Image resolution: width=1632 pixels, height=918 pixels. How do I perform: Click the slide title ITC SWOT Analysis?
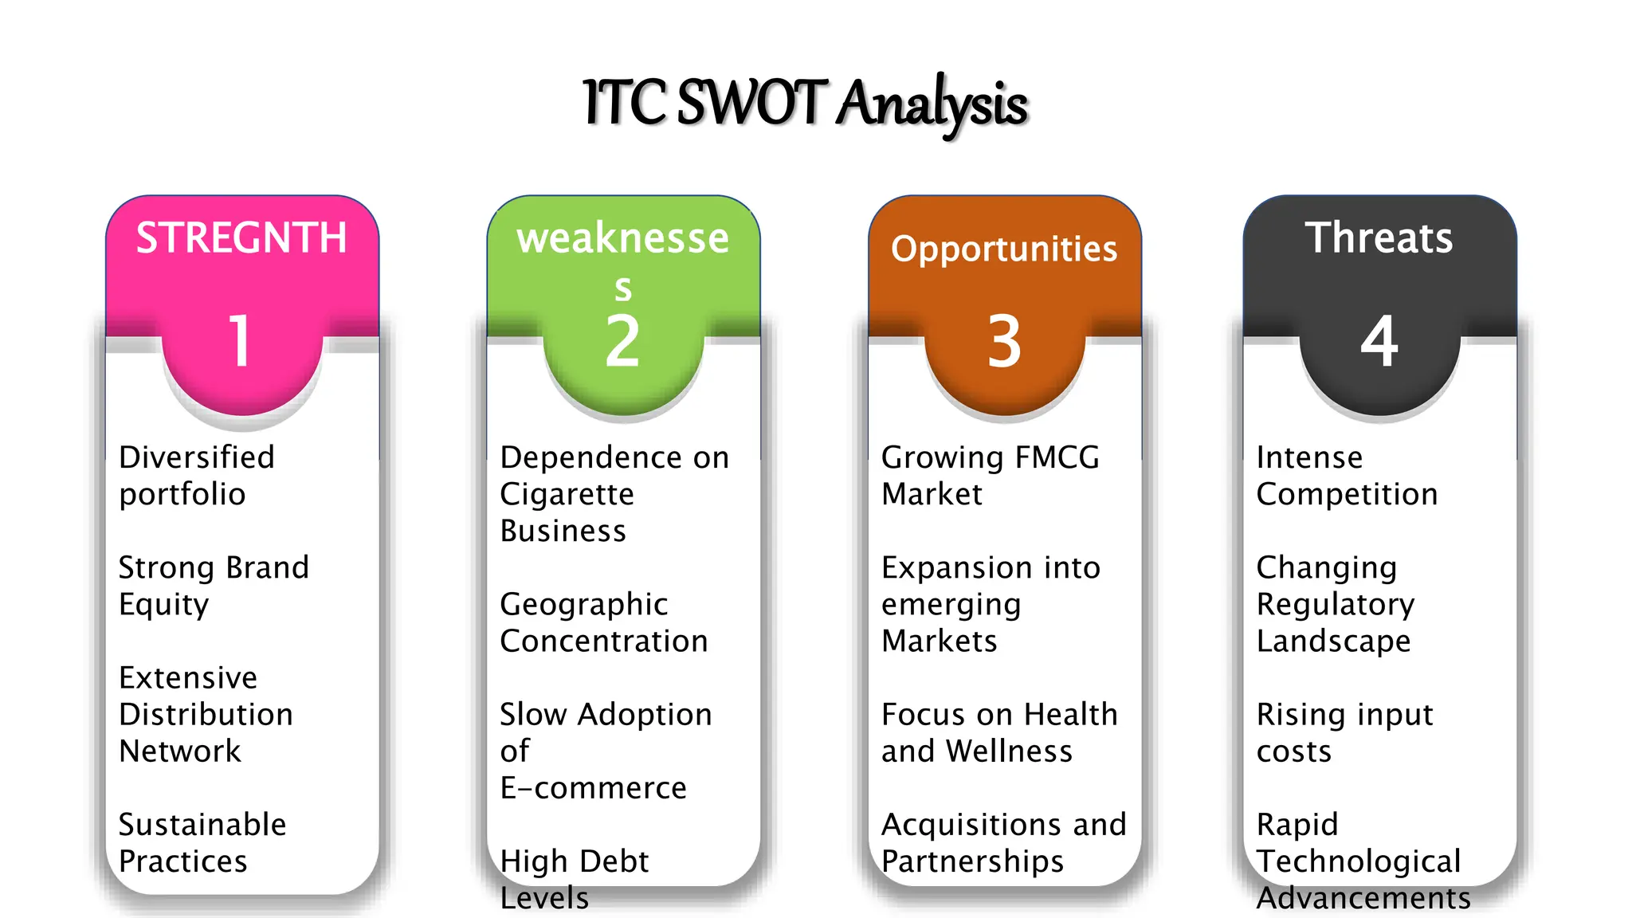[805, 104]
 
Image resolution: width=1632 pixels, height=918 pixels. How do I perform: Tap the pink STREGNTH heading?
[241, 237]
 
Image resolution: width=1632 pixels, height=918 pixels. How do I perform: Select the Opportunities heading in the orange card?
[1004, 249]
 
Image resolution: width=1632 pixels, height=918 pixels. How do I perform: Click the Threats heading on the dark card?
[1379, 237]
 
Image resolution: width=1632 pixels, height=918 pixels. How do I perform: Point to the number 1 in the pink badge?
[240, 341]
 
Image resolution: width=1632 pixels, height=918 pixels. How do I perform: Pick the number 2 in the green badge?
[622, 341]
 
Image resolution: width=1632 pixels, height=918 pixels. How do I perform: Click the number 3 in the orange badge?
[1004, 341]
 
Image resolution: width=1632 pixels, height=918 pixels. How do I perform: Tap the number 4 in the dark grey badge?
[1379, 341]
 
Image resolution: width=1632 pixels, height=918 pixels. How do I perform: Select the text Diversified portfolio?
[196, 476]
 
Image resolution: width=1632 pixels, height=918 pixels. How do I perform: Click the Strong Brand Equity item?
[213, 586]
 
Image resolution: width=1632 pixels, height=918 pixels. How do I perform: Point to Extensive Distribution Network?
[206, 714]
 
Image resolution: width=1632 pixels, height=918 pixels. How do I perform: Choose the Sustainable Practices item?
[202, 842]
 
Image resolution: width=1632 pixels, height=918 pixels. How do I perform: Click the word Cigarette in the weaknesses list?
[567, 494]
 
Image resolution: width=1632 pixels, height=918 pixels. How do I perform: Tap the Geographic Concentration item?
[603, 622]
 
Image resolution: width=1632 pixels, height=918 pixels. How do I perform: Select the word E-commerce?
[593, 787]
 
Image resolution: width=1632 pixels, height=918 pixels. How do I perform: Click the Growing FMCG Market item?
[990, 476]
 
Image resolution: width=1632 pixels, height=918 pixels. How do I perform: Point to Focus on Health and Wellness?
[999, 732]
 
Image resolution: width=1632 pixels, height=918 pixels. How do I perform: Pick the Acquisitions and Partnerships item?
[1003, 842]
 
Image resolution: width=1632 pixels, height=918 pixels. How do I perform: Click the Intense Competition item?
[1347, 476]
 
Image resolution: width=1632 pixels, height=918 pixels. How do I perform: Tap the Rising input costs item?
[1344, 732]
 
